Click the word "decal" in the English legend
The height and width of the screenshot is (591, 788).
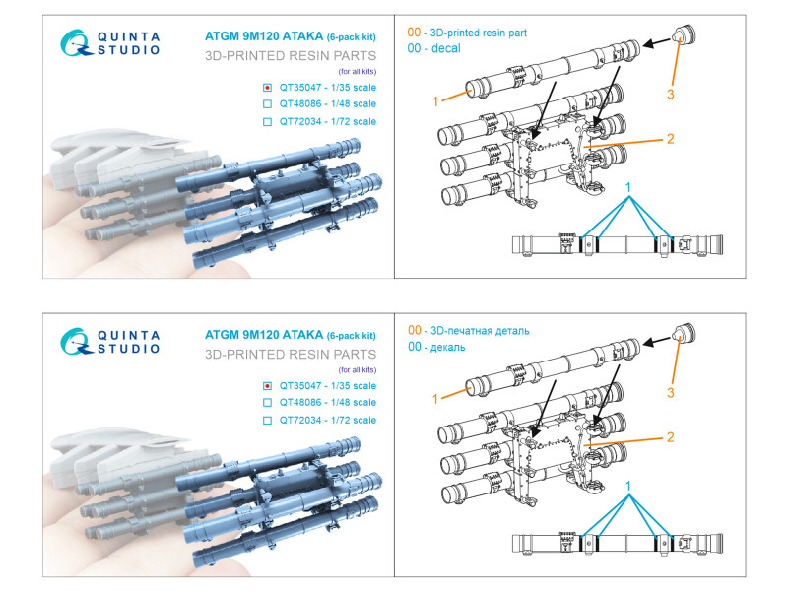point(446,48)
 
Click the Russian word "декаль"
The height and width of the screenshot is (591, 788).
point(448,348)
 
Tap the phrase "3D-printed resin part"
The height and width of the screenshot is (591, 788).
point(479,33)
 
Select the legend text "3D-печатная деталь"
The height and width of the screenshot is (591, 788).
point(480,331)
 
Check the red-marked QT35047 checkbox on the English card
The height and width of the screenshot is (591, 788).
point(267,88)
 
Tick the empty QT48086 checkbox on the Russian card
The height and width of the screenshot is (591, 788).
point(267,403)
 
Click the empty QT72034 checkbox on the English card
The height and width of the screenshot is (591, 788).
point(267,121)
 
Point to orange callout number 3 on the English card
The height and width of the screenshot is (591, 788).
point(671,94)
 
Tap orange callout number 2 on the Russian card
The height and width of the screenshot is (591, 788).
point(671,437)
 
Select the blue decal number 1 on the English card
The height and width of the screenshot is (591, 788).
point(627,187)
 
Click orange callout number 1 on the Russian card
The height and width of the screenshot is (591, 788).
point(435,399)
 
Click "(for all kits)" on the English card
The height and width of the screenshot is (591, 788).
point(358,71)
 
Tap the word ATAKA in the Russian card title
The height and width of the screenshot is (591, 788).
point(302,335)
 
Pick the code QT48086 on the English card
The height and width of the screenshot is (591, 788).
point(300,104)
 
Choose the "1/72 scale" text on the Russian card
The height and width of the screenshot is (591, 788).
point(354,421)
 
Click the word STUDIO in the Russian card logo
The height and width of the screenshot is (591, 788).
point(129,349)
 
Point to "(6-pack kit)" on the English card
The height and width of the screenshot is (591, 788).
point(352,37)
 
